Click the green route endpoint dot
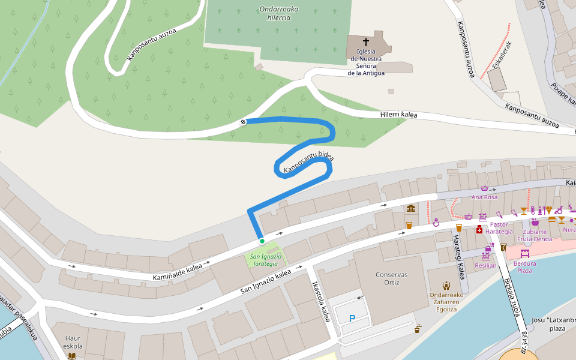(262, 241)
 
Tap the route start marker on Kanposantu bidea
(243, 122)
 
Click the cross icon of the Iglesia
(366, 43)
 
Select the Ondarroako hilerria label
(279, 14)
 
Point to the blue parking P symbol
(352, 319)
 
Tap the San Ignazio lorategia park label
(264, 260)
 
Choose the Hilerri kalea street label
(398, 115)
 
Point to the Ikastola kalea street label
(321, 302)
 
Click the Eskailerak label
(502, 56)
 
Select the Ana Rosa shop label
(484, 197)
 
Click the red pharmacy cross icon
(479, 230)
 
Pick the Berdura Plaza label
(524, 266)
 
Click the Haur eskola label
(72, 342)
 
